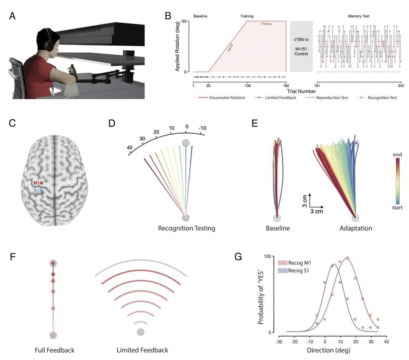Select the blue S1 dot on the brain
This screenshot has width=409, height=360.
tap(42, 191)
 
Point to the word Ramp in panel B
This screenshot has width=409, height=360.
tap(232, 50)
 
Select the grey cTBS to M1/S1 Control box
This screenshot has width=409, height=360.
tap(301, 47)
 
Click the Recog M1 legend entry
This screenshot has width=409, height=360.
tap(297, 262)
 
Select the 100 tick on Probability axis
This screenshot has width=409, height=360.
tap(268, 256)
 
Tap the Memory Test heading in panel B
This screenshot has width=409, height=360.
tap(359, 16)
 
